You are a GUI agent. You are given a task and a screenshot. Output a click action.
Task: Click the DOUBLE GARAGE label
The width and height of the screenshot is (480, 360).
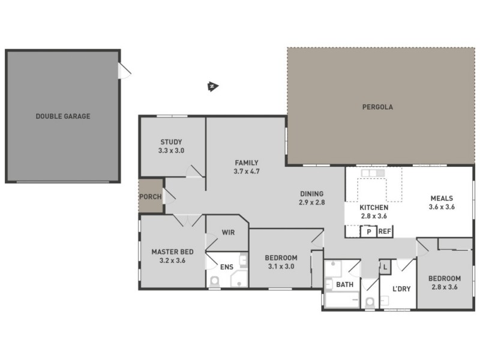coord(62,116)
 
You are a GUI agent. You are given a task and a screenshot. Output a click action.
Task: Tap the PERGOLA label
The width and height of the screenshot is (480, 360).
coord(377,108)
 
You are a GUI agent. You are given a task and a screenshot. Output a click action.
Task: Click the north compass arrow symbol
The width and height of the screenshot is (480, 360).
coord(212,86)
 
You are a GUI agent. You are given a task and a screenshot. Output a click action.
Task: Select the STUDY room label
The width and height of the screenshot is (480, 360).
coord(171,142)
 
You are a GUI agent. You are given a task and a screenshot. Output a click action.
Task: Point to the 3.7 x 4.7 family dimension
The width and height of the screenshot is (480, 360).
coord(246,172)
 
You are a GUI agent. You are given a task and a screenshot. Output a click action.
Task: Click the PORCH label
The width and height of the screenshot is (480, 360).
coord(150,197)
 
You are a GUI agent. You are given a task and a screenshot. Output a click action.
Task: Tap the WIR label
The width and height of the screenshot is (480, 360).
coord(228,232)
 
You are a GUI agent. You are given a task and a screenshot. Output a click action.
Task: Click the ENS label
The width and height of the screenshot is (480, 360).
coord(227,267)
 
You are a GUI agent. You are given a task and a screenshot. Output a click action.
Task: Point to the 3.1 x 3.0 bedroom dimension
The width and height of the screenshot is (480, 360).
coord(280,267)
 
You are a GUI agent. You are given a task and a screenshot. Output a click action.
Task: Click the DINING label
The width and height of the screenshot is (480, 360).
coord(311,194)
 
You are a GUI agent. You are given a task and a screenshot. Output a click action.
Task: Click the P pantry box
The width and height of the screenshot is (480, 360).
coord(368,231)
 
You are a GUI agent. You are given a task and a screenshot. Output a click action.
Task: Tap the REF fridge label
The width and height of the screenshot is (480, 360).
coord(385,231)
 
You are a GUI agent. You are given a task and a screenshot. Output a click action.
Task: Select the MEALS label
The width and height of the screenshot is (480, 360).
coord(442,199)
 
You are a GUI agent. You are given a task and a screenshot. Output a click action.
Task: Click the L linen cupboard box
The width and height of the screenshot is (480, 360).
coord(385,265)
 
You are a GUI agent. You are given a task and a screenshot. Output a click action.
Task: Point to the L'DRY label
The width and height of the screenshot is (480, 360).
coord(401,289)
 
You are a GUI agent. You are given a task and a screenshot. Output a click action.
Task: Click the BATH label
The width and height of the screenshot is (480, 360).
coord(344,284)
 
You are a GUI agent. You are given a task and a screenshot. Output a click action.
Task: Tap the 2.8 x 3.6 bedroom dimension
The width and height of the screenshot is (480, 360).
coord(445,287)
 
